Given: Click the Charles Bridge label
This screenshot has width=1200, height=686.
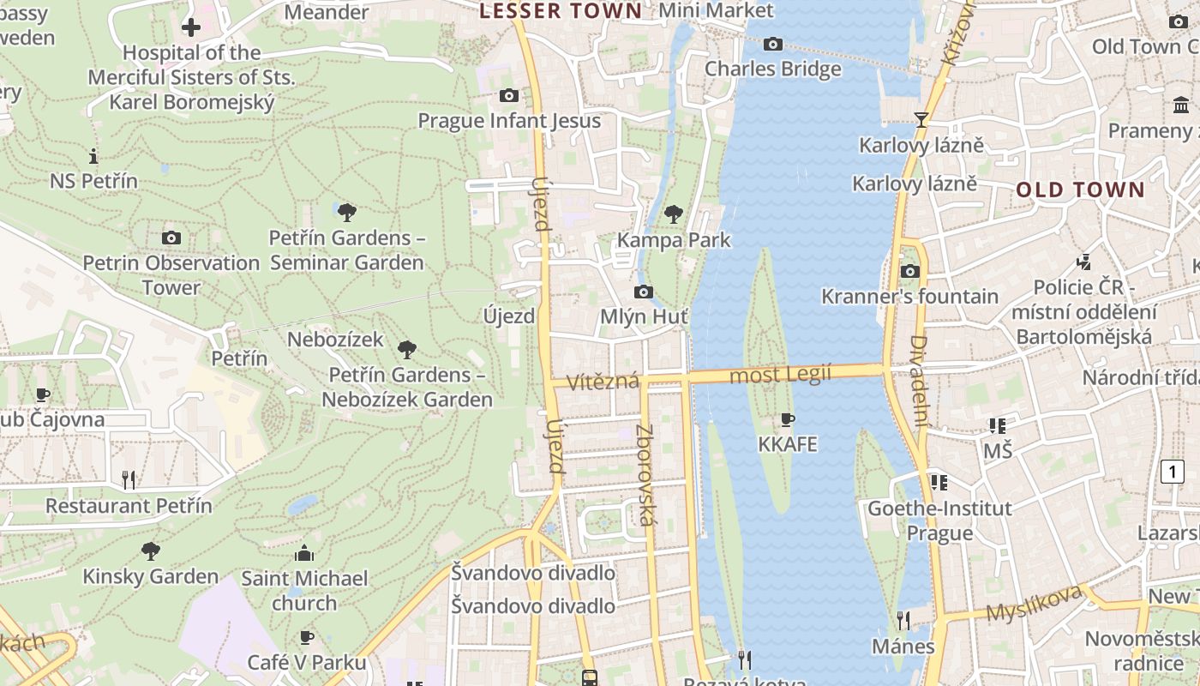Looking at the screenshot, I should coord(772,69).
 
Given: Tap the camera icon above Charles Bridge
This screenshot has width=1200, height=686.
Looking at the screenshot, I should coord(772,44).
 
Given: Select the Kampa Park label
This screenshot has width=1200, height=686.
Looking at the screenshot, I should coord(674,239).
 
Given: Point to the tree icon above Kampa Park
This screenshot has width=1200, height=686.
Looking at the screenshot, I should coord(674,214).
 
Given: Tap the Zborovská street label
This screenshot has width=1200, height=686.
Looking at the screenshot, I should coord(645,475).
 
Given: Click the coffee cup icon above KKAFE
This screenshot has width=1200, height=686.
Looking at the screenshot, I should coord(787,419).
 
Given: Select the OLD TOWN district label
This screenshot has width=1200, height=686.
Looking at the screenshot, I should coord(1080,190).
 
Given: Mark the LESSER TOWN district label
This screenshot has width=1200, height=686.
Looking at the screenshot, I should coord(561,11).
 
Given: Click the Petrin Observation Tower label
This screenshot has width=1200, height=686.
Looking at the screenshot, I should coord(171,274).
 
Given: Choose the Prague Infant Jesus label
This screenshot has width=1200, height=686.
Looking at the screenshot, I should coord(509,121).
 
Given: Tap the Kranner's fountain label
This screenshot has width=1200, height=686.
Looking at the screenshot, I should coord(909,297).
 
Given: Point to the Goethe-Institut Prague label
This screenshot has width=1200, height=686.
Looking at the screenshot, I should coord(939,521).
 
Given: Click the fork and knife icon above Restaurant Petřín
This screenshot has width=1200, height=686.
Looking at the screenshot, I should coord(129,479).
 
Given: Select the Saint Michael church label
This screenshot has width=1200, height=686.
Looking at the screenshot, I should coord(304,591).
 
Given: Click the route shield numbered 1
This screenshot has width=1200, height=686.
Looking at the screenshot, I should coord(1172,471).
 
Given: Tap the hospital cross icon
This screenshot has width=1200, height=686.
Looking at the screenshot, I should coord(191,27).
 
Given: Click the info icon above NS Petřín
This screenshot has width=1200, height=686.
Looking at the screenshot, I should coord(93,156).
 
